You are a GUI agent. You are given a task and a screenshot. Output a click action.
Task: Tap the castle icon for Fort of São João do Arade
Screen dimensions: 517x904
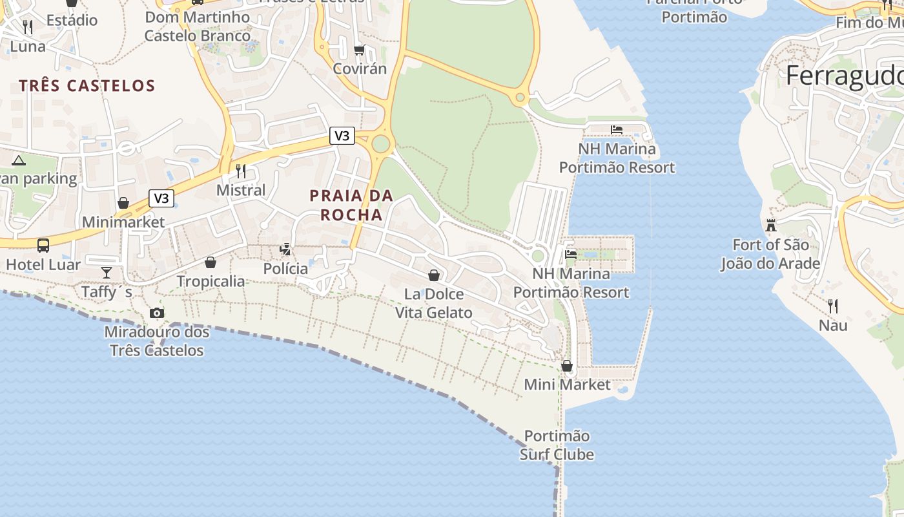pyautogui.click(x=770, y=226)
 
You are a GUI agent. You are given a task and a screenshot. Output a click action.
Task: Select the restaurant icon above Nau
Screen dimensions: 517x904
pyautogui.click(x=833, y=305)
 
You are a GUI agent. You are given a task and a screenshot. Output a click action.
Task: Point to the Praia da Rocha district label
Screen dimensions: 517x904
pyautogui.click(x=351, y=205)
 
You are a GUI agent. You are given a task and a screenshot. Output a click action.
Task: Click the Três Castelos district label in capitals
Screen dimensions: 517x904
pyautogui.click(x=87, y=86)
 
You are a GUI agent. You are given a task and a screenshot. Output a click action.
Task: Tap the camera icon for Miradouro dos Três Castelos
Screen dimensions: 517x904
pyautogui.click(x=156, y=313)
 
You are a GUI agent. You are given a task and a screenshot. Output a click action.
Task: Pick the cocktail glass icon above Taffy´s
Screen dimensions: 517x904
pyautogui.click(x=107, y=273)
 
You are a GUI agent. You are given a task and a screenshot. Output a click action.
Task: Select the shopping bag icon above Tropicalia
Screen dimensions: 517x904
pyautogui.click(x=211, y=262)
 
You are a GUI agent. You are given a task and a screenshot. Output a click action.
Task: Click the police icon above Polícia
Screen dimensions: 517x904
pyautogui.click(x=285, y=249)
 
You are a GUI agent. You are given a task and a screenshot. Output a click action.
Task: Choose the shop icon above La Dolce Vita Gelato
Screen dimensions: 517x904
pyautogui.click(x=434, y=276)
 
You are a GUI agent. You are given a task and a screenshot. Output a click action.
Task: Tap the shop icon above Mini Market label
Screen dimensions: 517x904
pyautogui.click(x=567, y=366)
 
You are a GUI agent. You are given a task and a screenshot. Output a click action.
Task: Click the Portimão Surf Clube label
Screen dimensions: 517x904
pyautogui.click(x=557, y=445)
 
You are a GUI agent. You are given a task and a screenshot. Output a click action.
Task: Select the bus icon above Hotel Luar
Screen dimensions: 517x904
pyautogui.click(x=43, y=246)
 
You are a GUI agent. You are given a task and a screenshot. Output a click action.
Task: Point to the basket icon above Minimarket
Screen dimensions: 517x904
pyautogui.click(x=123, y=203)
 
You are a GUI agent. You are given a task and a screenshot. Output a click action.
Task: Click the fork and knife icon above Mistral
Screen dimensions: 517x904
pyautogui.click(x=241, y=171)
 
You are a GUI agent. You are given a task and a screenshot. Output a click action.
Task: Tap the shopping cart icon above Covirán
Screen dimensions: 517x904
pyautogui.click(x=360, y=50)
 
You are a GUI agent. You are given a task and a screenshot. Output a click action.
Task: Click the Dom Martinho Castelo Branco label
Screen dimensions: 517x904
pyautogui.click(x=198, y=26)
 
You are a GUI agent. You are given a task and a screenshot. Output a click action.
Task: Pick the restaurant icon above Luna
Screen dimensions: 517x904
pyautogui.click(x=28, y=26)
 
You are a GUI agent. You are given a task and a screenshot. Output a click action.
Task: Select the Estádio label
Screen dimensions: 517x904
pyautogui.click(x=72, y=20)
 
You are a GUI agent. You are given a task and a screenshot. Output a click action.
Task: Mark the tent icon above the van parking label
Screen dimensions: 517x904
pyautogui.click(x=18, y=160)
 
